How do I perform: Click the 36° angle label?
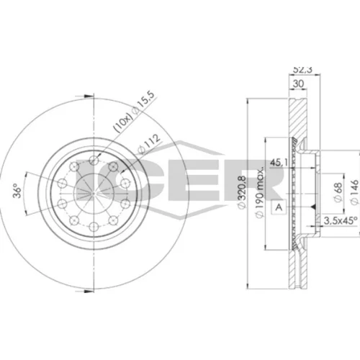[17, 191]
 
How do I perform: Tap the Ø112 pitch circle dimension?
[149, 144]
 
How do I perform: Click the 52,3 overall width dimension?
[302, 69]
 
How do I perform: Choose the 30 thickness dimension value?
[298, 84]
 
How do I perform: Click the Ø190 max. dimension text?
[260, 192]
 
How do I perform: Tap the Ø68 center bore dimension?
[338, 192]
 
